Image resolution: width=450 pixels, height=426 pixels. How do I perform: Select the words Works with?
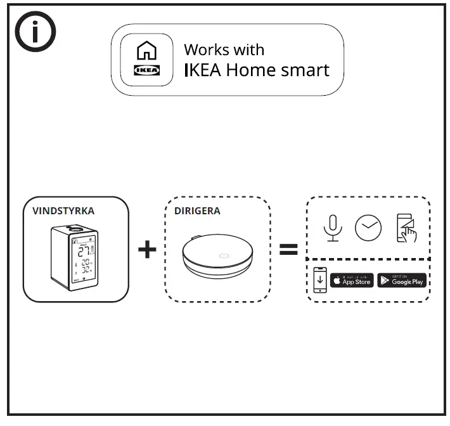[224, 50]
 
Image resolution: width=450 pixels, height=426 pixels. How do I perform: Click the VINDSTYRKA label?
[63, 211]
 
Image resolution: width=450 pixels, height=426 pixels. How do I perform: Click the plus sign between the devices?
[147, 249]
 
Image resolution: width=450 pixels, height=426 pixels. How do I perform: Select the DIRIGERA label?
[197, 211]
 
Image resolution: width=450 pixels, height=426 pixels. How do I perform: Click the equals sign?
[288, 250]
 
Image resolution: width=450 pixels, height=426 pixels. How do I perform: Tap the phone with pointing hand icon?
[406, 228]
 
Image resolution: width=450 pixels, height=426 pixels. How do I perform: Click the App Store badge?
[352, 280]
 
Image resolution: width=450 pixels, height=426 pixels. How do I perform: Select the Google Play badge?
[402, 280]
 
